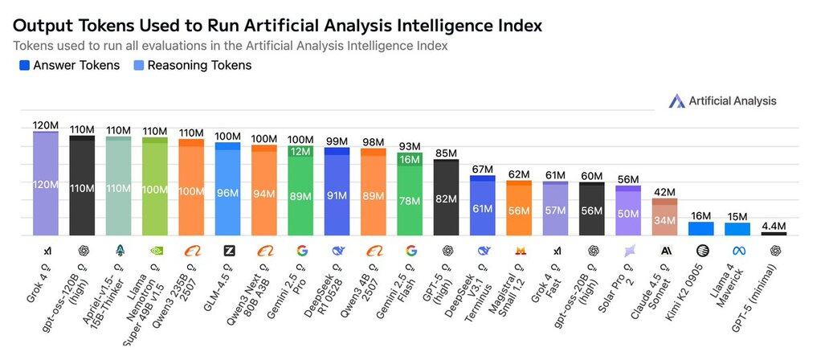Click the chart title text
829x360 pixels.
point(277,26)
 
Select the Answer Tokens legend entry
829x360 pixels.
point(69,65)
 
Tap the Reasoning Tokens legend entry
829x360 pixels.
point(198,65)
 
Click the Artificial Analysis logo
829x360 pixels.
point(722,100)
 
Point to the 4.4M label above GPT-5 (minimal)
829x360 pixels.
point(774,226)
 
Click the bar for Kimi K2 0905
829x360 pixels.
point(700,228)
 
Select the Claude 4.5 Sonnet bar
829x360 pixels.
point(664,217)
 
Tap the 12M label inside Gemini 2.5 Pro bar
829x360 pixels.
point(300,152)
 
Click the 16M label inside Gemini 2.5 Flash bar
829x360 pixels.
point(410,160)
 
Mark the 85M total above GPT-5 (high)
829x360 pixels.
point(446,153)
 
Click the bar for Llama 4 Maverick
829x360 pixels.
point(737,229)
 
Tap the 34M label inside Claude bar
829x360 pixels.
point(664,220)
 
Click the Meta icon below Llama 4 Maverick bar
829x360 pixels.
point(737,251)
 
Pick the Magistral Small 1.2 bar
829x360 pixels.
point(519,208)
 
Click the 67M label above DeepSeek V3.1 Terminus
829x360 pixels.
point(482,169)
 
